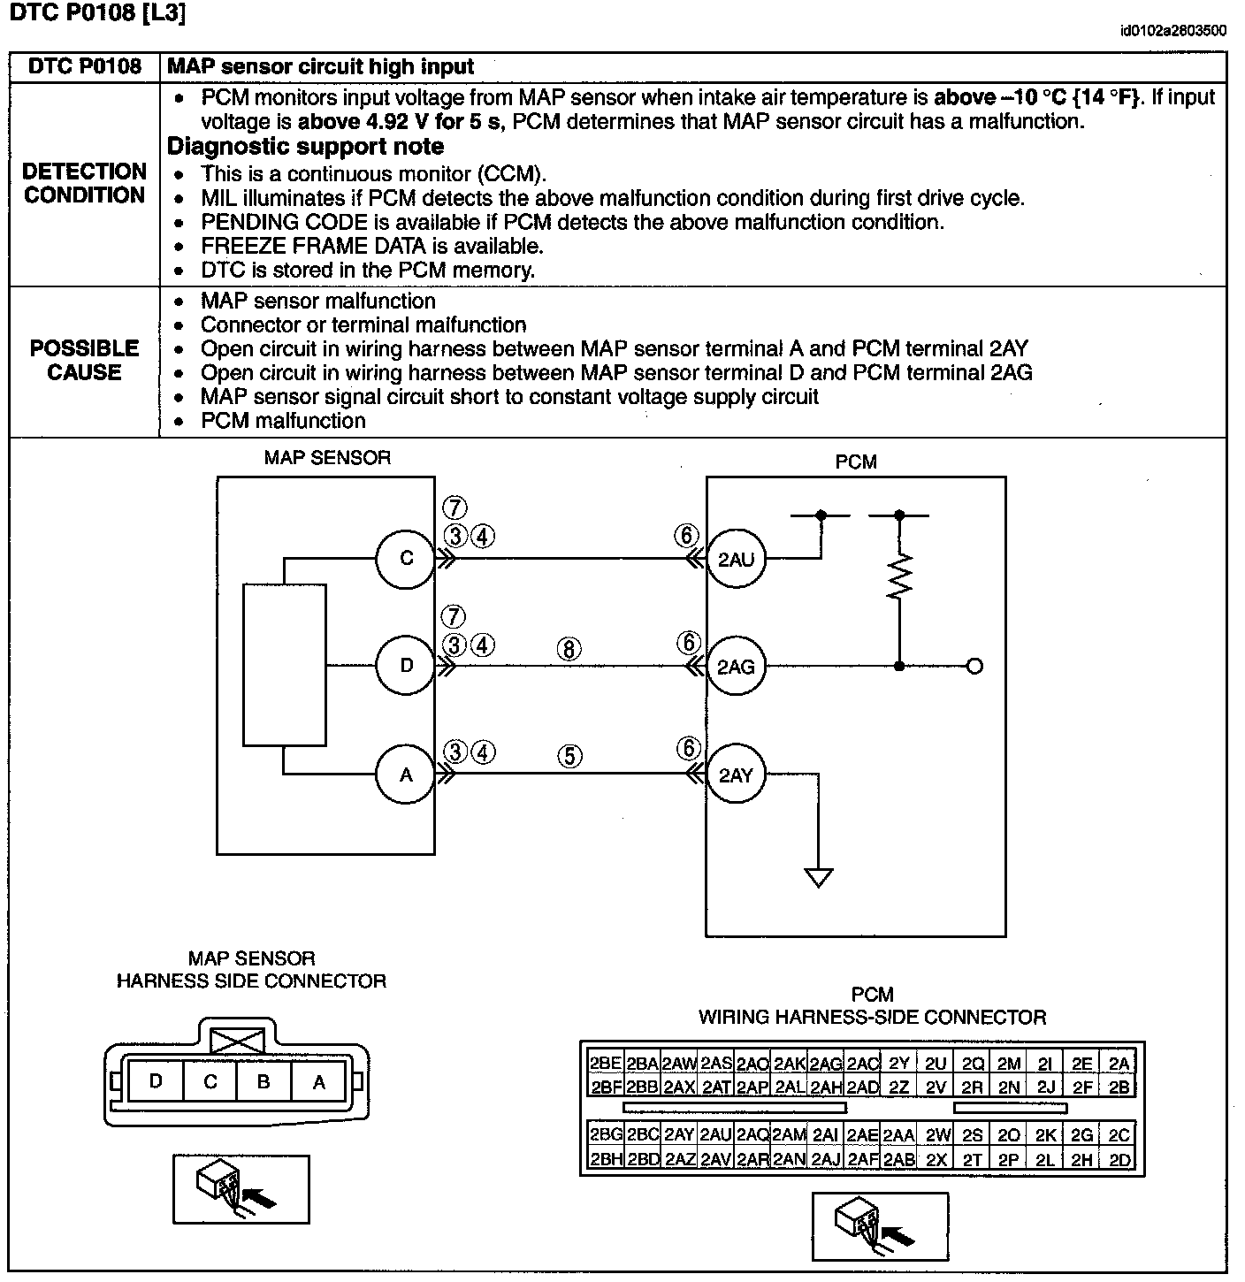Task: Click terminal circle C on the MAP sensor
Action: coord(406,558)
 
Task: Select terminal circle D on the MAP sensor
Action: coord(406,666)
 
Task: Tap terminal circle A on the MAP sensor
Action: coord(406,775)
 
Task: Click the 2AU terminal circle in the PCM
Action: coord(736,559)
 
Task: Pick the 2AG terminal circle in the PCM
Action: coord(736,667)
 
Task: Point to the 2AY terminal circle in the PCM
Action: coord(736,775)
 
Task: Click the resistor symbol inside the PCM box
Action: coord(899,577)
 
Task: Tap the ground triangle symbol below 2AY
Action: coord(818,877)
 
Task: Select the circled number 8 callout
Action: coord(569,649)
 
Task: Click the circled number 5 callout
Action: coord(569,756)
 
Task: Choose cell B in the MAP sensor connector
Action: coord(264,1082)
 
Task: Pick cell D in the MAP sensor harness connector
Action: coord(156,1082)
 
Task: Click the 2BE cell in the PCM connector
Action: coord(606,1064)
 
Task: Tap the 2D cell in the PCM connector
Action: coord(1119,1160)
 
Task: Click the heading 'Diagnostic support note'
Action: coord(305,147)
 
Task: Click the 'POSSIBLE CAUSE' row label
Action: coord(84,360)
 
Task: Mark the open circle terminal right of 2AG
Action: coord(974,667)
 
